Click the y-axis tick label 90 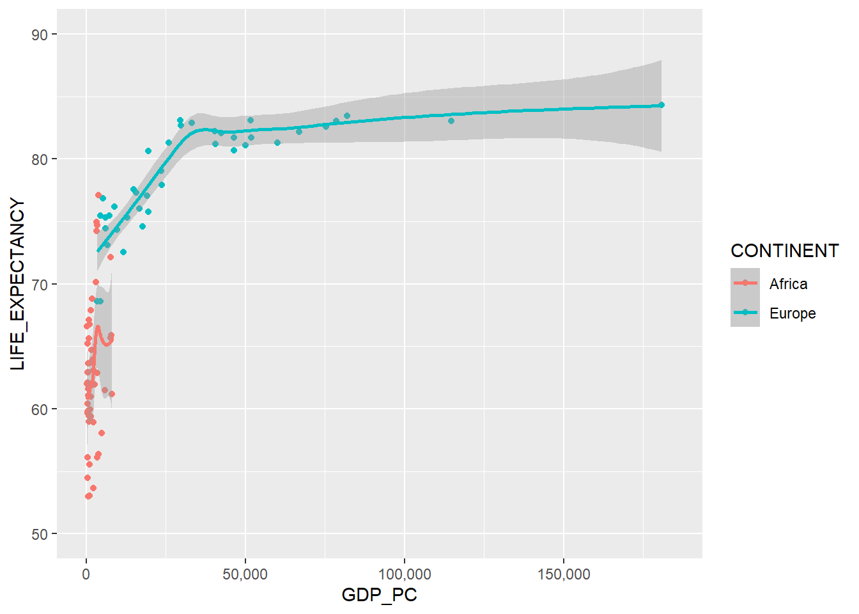(x=40, y=35)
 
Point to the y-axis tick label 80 (x=40, y=159)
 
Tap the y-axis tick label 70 (x=40, y=285)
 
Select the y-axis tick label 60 (x=40, y=409)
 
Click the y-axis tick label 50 (x=40, y=534)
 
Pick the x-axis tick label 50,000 (x=245, y=574)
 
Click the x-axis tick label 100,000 (x=404, y=574)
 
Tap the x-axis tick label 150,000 (x=563, y=574)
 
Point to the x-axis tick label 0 (x=86, y=574)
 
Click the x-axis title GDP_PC (x=379, y=595)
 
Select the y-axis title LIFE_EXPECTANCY (x=18, y=284)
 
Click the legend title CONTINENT (x=784, y=251)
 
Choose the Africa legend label (x=788, y=284)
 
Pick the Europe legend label (x=792, y=313)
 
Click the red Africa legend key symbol (x=745, y=283)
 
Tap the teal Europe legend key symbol (x=745, y=312)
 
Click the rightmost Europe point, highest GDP (x=662, y=105)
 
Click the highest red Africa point (x=98, y=195)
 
